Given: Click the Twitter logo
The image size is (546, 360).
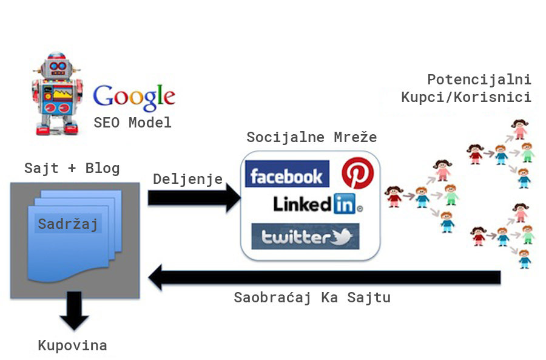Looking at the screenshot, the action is click(305, 236).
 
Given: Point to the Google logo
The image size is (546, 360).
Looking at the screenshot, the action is click(133, 96).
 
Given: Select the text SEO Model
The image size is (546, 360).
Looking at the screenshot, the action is click(132, 123).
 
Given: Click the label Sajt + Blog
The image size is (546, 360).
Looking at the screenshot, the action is click(72, 168).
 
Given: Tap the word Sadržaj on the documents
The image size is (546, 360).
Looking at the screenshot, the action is click(68, 223).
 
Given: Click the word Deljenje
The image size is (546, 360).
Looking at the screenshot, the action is click(187, 179).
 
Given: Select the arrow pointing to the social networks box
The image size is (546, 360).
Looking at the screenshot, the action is click(194, 199).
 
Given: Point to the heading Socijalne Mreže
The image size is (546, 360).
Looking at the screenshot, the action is click(311, 137).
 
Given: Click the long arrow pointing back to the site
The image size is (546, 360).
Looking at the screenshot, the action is click(325, 278).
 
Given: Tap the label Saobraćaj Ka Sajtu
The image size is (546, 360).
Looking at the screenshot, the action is click(312, 298).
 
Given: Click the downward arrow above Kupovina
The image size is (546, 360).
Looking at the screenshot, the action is click(75, 310).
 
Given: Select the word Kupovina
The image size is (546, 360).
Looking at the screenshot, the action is click(72, 345).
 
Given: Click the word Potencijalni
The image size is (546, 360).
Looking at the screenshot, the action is click(479, 80).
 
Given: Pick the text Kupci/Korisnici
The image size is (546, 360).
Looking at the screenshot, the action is click(466, 97).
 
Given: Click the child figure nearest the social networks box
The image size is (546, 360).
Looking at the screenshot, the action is click(394, 197).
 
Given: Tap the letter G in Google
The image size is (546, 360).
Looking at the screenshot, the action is click(104, 96).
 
